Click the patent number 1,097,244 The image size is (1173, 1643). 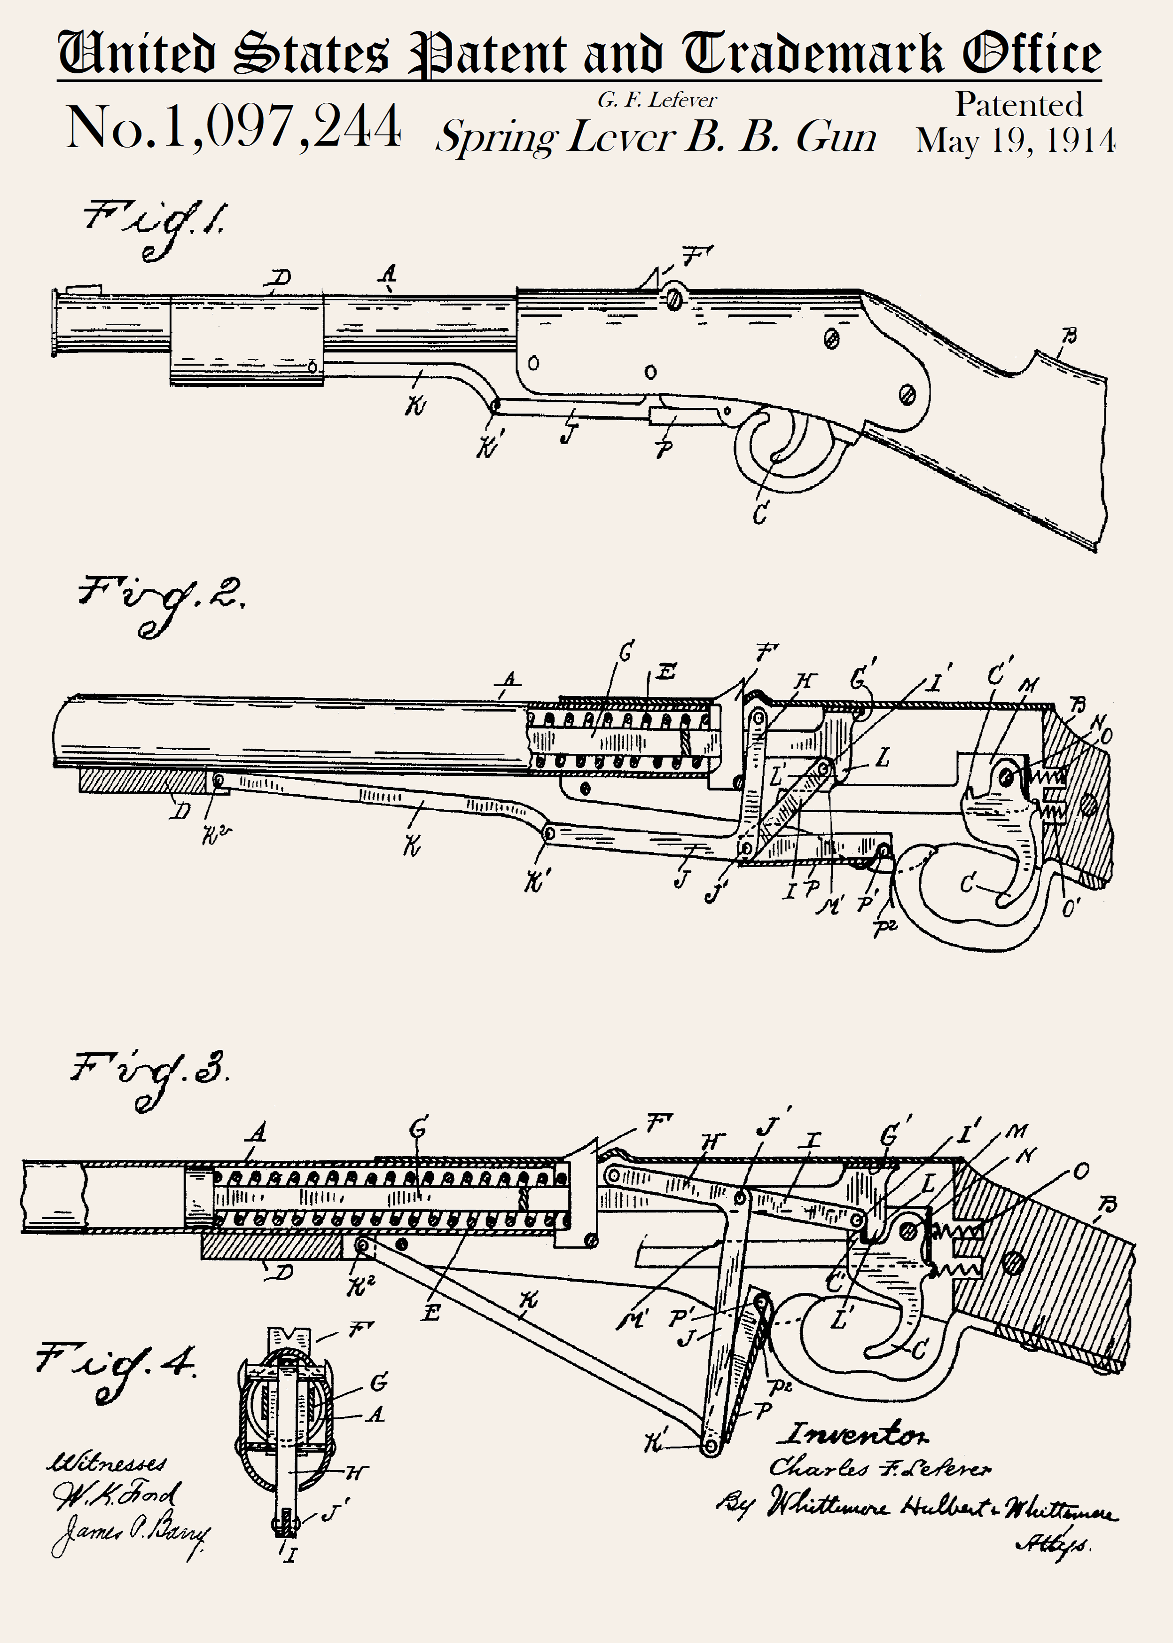[x=233, y=126]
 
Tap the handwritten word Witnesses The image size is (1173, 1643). [x=107, y=1461]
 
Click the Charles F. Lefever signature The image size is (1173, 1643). [x=880, y=1468]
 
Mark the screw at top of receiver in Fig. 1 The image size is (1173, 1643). [x=673, y=296]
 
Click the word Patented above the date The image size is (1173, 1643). [x=1018, y=105]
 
